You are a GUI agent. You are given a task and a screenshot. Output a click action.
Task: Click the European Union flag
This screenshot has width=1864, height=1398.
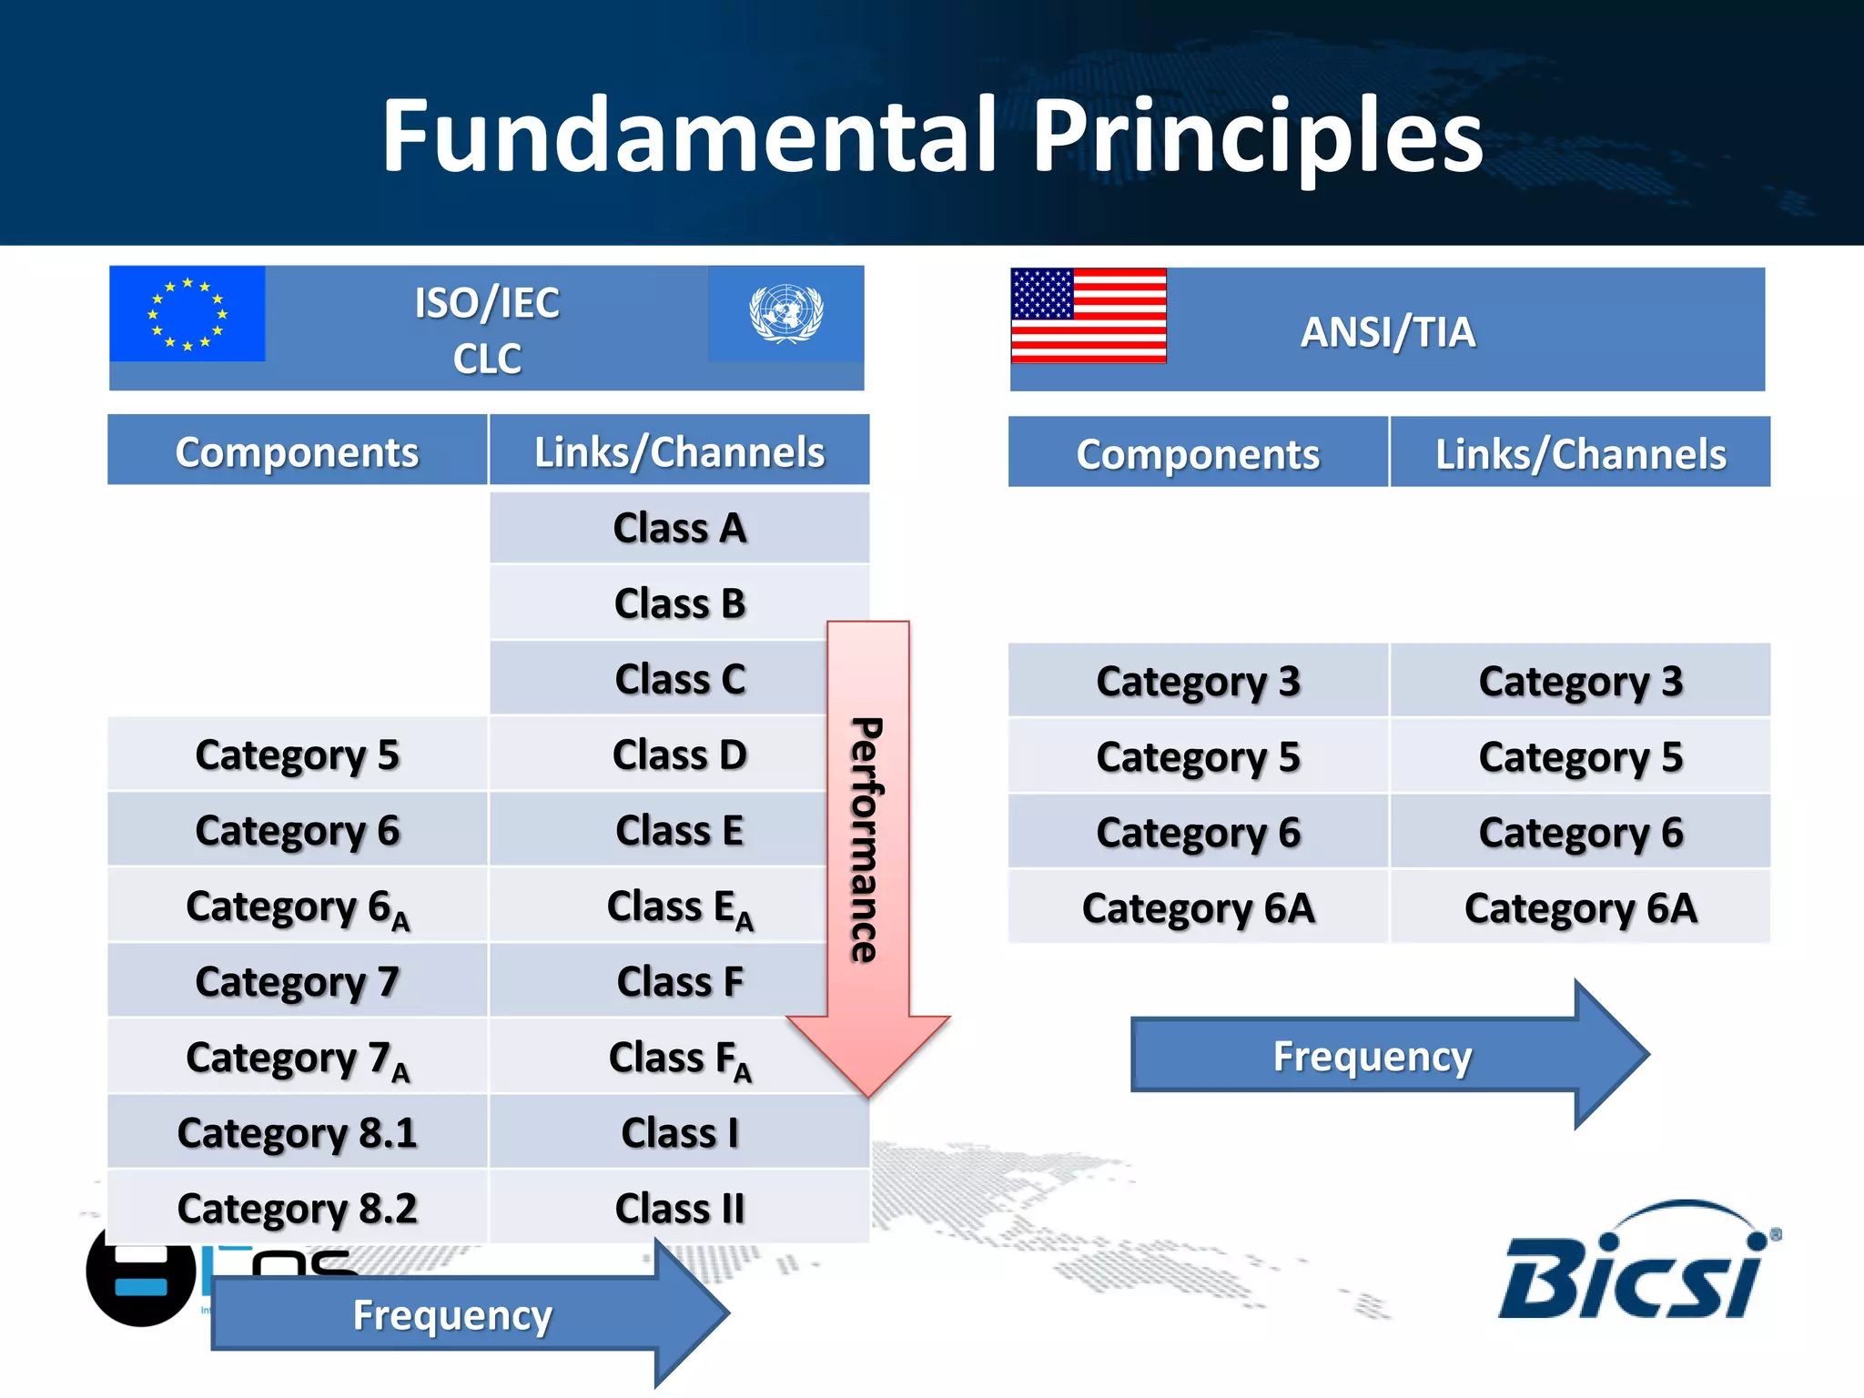point(187,314)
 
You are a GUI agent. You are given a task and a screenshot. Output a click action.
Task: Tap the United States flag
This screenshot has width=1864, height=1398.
point(1089,316)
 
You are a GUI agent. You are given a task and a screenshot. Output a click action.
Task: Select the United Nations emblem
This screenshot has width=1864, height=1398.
point(785,314)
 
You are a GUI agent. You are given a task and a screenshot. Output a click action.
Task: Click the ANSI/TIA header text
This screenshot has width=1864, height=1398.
point(1387,332)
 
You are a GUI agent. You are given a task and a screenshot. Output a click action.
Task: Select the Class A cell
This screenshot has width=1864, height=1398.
point(679,528)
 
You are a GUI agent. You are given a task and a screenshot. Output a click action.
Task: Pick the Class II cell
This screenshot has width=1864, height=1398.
point(679,1209)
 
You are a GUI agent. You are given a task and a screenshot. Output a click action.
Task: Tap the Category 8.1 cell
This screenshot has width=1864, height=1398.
point(297,1133)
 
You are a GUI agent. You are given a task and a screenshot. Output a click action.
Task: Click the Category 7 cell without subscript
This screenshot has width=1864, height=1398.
point(297,982)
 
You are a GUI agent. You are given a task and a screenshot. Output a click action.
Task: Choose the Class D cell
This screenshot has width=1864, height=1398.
point(679,755)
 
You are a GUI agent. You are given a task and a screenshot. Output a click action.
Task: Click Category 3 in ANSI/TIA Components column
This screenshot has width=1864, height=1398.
point(1198,682)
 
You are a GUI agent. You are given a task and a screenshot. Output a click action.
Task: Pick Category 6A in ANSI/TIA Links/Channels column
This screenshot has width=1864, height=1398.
point(1580,908)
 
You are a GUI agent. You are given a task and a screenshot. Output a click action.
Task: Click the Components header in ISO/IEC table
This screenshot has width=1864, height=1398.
point(297,452)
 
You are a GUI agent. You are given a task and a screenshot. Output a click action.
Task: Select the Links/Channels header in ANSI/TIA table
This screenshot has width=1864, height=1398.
point(1580,454)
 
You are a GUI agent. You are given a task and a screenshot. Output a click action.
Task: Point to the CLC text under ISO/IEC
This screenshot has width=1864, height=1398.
point(487,359)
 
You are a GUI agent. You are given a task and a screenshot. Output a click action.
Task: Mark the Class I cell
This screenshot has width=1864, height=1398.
point(679,1133)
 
